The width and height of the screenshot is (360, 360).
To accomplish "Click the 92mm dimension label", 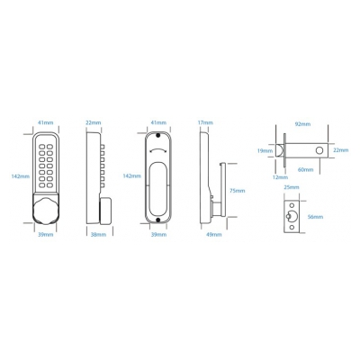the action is (302, 124).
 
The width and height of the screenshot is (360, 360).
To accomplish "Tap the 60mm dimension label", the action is (305, 170).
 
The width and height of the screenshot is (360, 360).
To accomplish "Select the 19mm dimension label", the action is (265, 150).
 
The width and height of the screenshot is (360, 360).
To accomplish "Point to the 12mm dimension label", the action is (280, 177).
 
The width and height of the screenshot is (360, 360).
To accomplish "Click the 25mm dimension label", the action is (292, 187).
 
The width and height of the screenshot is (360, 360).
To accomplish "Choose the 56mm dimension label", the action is (315, 217).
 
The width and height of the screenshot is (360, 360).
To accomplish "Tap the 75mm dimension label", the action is (237, 191).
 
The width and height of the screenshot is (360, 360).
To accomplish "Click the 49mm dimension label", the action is (214, 234).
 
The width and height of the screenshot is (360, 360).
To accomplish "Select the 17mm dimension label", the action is (205, 122).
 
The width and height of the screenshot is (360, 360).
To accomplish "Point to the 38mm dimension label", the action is (98, 234).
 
